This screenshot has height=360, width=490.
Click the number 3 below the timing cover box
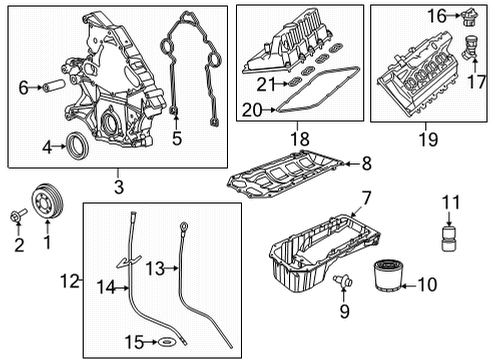[x=117, y=186]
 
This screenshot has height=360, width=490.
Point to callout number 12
[x=68, y=283]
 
